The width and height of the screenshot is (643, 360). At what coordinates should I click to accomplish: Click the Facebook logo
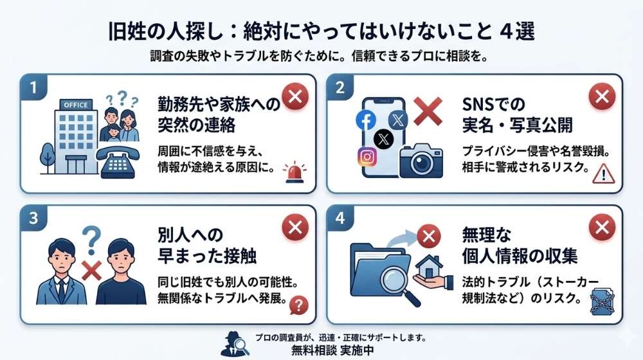point(366,120)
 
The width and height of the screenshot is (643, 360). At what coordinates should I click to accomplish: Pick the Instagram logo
point(367,156)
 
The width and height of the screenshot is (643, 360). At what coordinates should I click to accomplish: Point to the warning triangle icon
point(603,173)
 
